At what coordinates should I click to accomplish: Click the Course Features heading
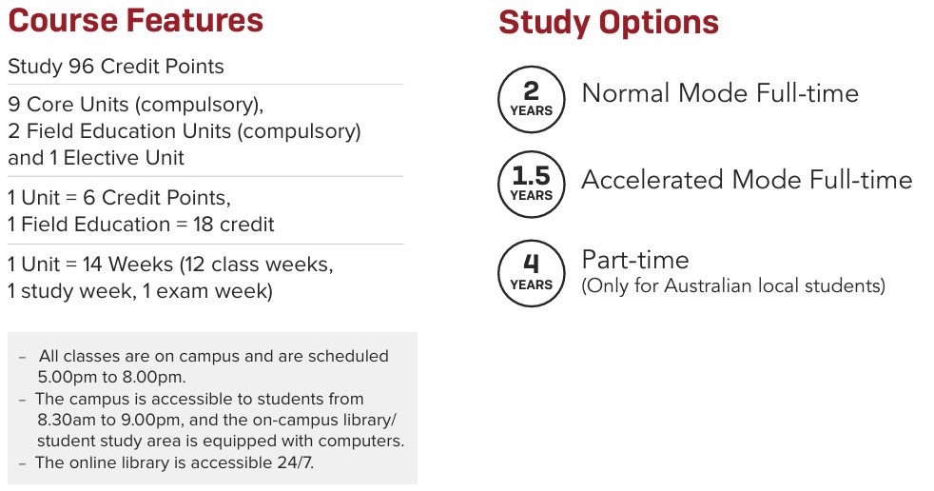[135, 20]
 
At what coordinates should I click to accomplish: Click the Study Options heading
[608, 22]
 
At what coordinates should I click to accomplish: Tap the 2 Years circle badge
[531, 98]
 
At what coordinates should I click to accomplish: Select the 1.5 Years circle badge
[531, 184]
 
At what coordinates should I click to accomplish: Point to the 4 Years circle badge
[531, 273]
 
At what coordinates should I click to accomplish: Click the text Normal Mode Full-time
[720, 93]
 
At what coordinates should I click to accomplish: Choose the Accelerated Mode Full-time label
[747, 180]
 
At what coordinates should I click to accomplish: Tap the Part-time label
[635, 260]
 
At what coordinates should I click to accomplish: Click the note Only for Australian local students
[733, 285]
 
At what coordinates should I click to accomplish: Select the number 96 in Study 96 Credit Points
[81, 67]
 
